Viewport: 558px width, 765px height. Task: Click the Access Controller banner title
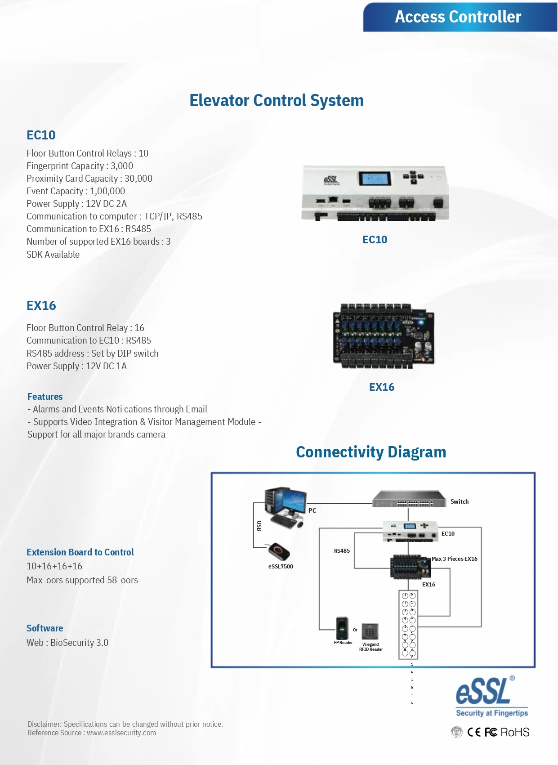[x=458, y=17]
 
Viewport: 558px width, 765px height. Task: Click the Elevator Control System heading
[x=276, y=100]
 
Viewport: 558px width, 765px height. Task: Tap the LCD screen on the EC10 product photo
[x=374, y=179]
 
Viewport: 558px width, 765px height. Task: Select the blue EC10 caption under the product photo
[x=375, y=240]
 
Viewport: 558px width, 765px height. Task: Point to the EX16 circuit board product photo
[x=383, y=336]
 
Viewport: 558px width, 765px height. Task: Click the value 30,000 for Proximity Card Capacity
[x=138, y=179]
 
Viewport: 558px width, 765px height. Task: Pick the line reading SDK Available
[x=53, y=255]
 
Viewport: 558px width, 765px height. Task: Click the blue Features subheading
[x=45, y=397]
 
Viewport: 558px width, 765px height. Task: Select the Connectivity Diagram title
[x=371, y=452]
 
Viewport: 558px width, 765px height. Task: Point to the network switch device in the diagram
[x=408, y=499]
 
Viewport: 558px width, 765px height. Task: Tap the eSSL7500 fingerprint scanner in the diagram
[x=279, y=551]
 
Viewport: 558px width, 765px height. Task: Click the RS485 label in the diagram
[x=342, y=550]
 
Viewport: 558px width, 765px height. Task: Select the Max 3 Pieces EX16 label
[x=454, y=559]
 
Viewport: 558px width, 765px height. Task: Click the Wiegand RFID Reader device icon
[x=370, y=631]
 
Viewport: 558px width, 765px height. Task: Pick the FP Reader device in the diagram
[x=342, y=628]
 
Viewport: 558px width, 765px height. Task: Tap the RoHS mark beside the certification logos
[x=515, y=732]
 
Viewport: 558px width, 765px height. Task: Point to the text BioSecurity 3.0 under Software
[x=79, y=643]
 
